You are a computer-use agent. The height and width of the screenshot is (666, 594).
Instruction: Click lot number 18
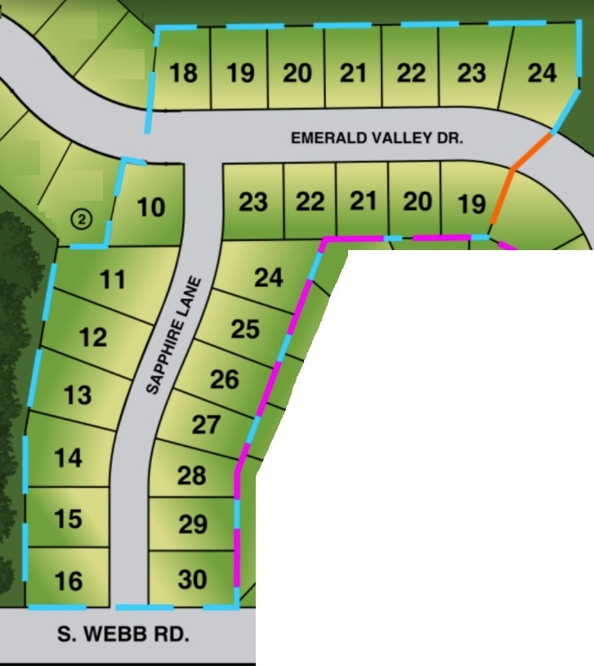point(183,74)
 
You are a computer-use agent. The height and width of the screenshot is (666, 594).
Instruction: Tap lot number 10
point(151,208)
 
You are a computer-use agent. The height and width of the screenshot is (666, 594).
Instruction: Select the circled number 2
point(81,218)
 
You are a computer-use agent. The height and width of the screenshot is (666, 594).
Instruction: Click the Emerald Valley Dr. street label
point(377,139)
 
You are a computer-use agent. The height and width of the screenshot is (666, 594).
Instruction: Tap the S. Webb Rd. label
point(124,633)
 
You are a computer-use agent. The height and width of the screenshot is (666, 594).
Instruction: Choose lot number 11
point(113,280)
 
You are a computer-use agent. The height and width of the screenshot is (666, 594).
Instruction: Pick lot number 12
point(94,337)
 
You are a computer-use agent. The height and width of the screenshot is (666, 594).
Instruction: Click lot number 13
point(78,396)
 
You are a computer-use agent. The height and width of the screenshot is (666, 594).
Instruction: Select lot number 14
point(69,458)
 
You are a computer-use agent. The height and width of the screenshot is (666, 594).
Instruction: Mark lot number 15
point(69,519)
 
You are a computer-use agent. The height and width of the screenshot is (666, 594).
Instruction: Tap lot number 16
point(69,581)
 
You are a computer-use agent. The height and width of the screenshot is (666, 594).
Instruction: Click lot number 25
point(245,329)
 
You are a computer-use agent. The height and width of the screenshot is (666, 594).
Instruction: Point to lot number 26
point(225,379)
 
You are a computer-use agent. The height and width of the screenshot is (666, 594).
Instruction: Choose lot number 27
point(206,425)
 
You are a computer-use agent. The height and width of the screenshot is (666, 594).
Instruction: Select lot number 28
point(192,475)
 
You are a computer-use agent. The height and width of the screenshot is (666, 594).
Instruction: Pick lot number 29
point(193,524)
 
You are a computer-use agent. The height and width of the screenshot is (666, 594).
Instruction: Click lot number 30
point(193,579)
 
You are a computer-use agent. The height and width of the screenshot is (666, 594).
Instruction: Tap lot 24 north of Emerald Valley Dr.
point(542,74)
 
